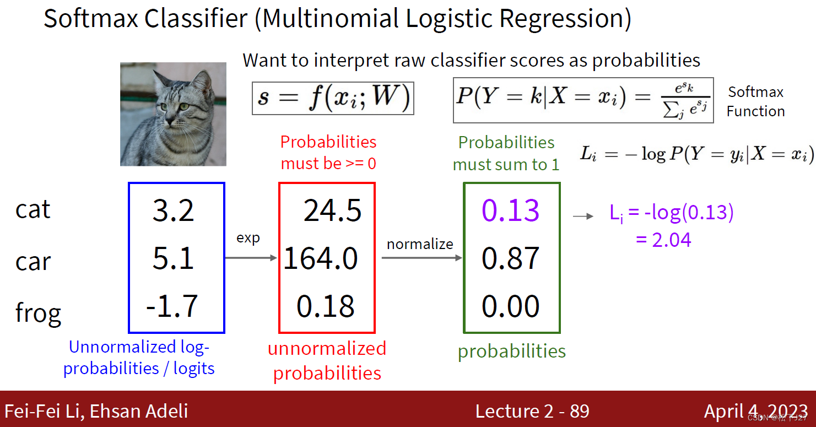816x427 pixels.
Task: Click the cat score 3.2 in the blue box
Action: [x=173, y=211]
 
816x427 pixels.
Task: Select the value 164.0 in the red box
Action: [x=320, y=258]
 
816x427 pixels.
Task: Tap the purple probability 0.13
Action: [x=510, y=210]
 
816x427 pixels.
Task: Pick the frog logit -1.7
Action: [x=172, y=306]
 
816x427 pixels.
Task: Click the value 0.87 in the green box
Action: [x=510, y=258]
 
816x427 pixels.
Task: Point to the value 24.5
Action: [x=332, y=211]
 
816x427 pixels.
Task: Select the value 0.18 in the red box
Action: [x=325, y=306]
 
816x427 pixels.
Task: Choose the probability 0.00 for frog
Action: [x=510, y=306]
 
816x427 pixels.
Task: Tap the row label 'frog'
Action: [x=38, y=314]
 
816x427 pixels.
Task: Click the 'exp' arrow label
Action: [x=248, y=238]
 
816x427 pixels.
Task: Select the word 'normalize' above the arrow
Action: [x=420, y=244]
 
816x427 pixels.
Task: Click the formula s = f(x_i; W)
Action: [x=333, y=98]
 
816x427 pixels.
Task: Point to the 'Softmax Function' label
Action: [x=755, y=101]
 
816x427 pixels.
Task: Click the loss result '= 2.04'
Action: [x=663, y=240]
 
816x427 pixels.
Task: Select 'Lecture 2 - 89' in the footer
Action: [x=532, y=411]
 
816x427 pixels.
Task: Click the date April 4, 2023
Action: [x=755, y=411]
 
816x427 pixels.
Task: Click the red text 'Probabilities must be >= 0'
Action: [x=328, y=153]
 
